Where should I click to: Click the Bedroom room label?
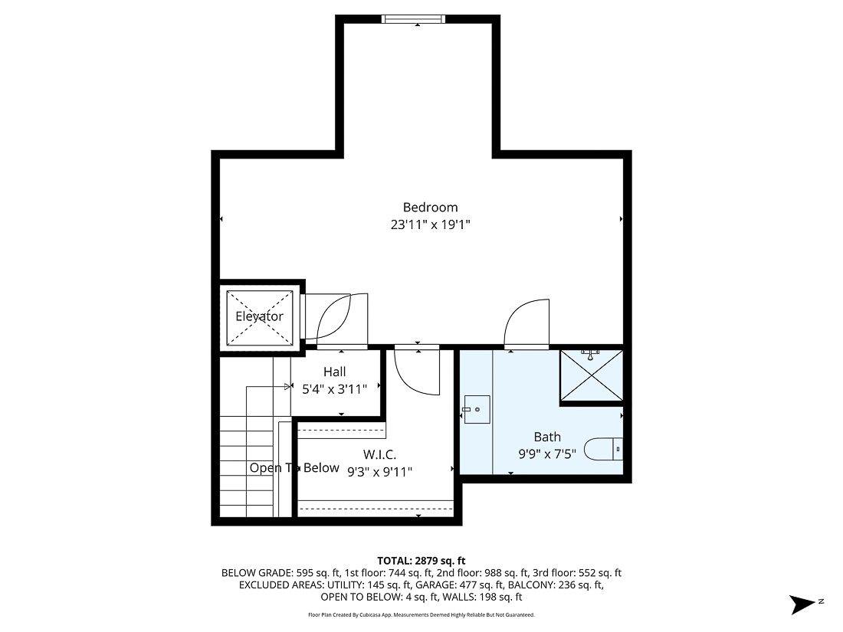coord(430,207)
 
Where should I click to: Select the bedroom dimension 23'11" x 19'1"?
coord(430,225)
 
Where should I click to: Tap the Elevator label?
coord(259,316)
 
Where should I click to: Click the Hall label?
coord(334,372)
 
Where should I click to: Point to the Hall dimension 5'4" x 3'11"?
coord(334,388)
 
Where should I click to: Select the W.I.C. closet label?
coord(379,455)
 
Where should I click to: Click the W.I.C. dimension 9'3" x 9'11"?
coord(379,472)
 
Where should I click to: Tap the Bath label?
coord(547,437)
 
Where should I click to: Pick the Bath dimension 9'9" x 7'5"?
coord(547,454)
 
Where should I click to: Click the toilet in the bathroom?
coord(604,448)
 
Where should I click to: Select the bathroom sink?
coord(477,410)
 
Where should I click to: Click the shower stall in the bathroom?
coord(590,375)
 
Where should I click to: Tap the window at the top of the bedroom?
coord(418,19)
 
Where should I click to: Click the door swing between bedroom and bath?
coord(527,323)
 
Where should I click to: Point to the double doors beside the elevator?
coord(336,317)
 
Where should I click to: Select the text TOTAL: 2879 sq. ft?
coord(421,560)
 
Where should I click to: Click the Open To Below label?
coord(294,468)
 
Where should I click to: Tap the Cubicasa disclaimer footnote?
coord(421,614)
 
